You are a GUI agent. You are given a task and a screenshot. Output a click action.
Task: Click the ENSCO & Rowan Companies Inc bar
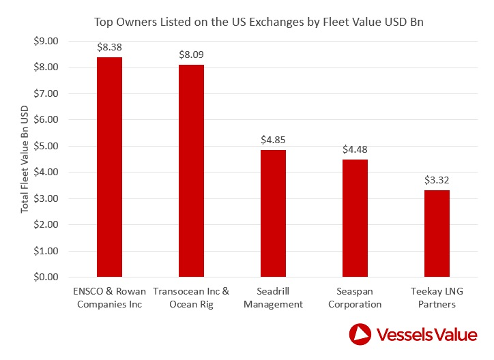click(109, 167)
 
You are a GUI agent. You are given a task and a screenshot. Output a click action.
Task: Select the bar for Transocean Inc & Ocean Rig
click(191, 171)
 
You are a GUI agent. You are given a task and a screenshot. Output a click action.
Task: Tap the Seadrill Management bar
click(272, 213)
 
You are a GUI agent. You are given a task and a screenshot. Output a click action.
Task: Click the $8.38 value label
click(109, 48)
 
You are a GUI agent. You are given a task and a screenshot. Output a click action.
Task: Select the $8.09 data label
click(191, 55)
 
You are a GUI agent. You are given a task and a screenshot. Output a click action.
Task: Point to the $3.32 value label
click(436, 181)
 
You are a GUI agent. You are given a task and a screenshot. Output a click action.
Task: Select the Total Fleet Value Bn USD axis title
click(25, 159)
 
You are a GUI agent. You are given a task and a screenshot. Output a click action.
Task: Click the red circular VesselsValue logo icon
click(361, 335)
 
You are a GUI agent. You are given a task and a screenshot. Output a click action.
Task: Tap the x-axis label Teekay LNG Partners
click(436, 298)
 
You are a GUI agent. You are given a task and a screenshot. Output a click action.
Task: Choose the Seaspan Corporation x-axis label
click(354, 298)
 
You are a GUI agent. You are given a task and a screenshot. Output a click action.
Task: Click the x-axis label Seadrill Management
click(272, 298)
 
